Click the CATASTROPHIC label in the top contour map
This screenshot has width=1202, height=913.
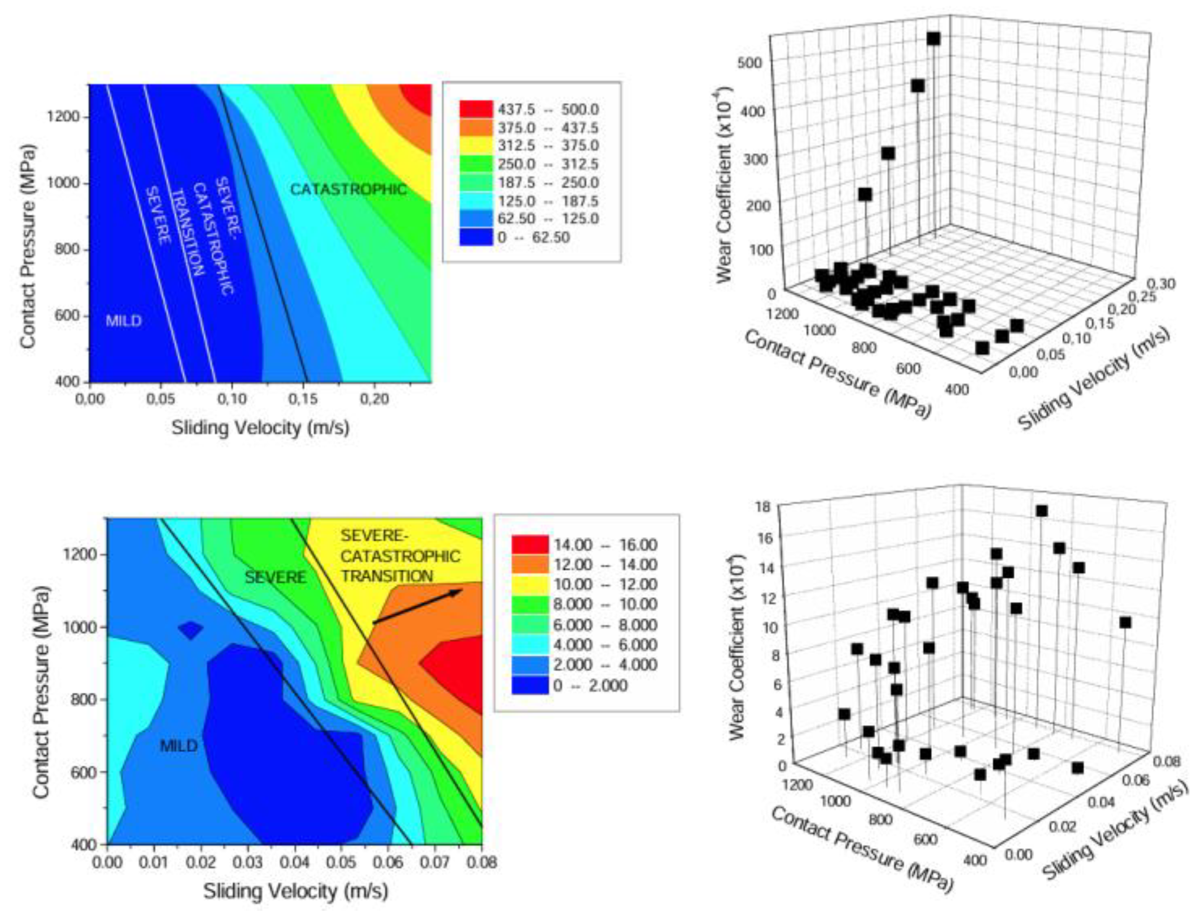(x=348, y=189)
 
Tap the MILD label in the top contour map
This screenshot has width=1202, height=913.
(x=123, y=321)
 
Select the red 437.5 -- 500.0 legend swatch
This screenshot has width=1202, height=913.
(x=476, y=109)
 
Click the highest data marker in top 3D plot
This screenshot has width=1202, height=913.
(x=934, y=38)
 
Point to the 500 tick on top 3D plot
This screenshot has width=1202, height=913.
(x=750, y=63)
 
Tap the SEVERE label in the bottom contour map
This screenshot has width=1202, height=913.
(x=275, y=577)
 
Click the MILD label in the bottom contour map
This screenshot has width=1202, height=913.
(x=178, y=746)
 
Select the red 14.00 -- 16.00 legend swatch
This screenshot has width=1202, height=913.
(x=530, y=545)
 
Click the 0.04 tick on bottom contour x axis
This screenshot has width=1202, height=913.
(x=295, y=862)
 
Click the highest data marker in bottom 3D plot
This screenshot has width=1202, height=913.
(x=1042, y=511)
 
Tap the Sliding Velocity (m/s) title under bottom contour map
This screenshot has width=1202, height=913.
(x=295, y=891)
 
